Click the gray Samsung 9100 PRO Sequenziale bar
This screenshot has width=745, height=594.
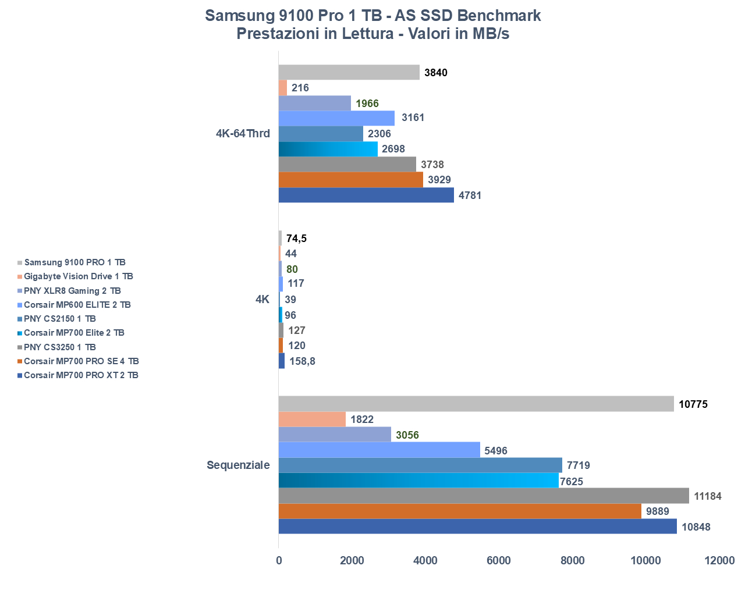(476, 404)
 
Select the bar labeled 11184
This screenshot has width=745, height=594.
(484, 496)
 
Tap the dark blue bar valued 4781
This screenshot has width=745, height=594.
(366, 195)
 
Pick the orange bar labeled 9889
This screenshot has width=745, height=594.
(460, 511)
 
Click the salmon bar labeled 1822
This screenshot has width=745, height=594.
(312, 419)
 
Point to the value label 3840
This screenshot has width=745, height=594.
(436, 73)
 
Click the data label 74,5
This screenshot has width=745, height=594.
(296, 239)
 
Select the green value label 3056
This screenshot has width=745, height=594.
(407, 435)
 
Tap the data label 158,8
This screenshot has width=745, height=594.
(302, 361)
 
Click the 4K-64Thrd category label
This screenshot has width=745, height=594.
(243, 133)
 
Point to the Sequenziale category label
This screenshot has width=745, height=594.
(238, 465)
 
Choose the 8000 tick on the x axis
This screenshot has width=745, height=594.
(572, 560)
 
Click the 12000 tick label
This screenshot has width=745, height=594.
(719, 560)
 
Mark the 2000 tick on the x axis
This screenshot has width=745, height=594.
(352, 560)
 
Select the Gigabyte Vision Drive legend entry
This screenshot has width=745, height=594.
(78, 276)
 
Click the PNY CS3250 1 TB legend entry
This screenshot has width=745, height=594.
(59, 347)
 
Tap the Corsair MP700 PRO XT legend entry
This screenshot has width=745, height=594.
(81, 375)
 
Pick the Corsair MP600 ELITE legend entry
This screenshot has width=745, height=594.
(77, 305)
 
